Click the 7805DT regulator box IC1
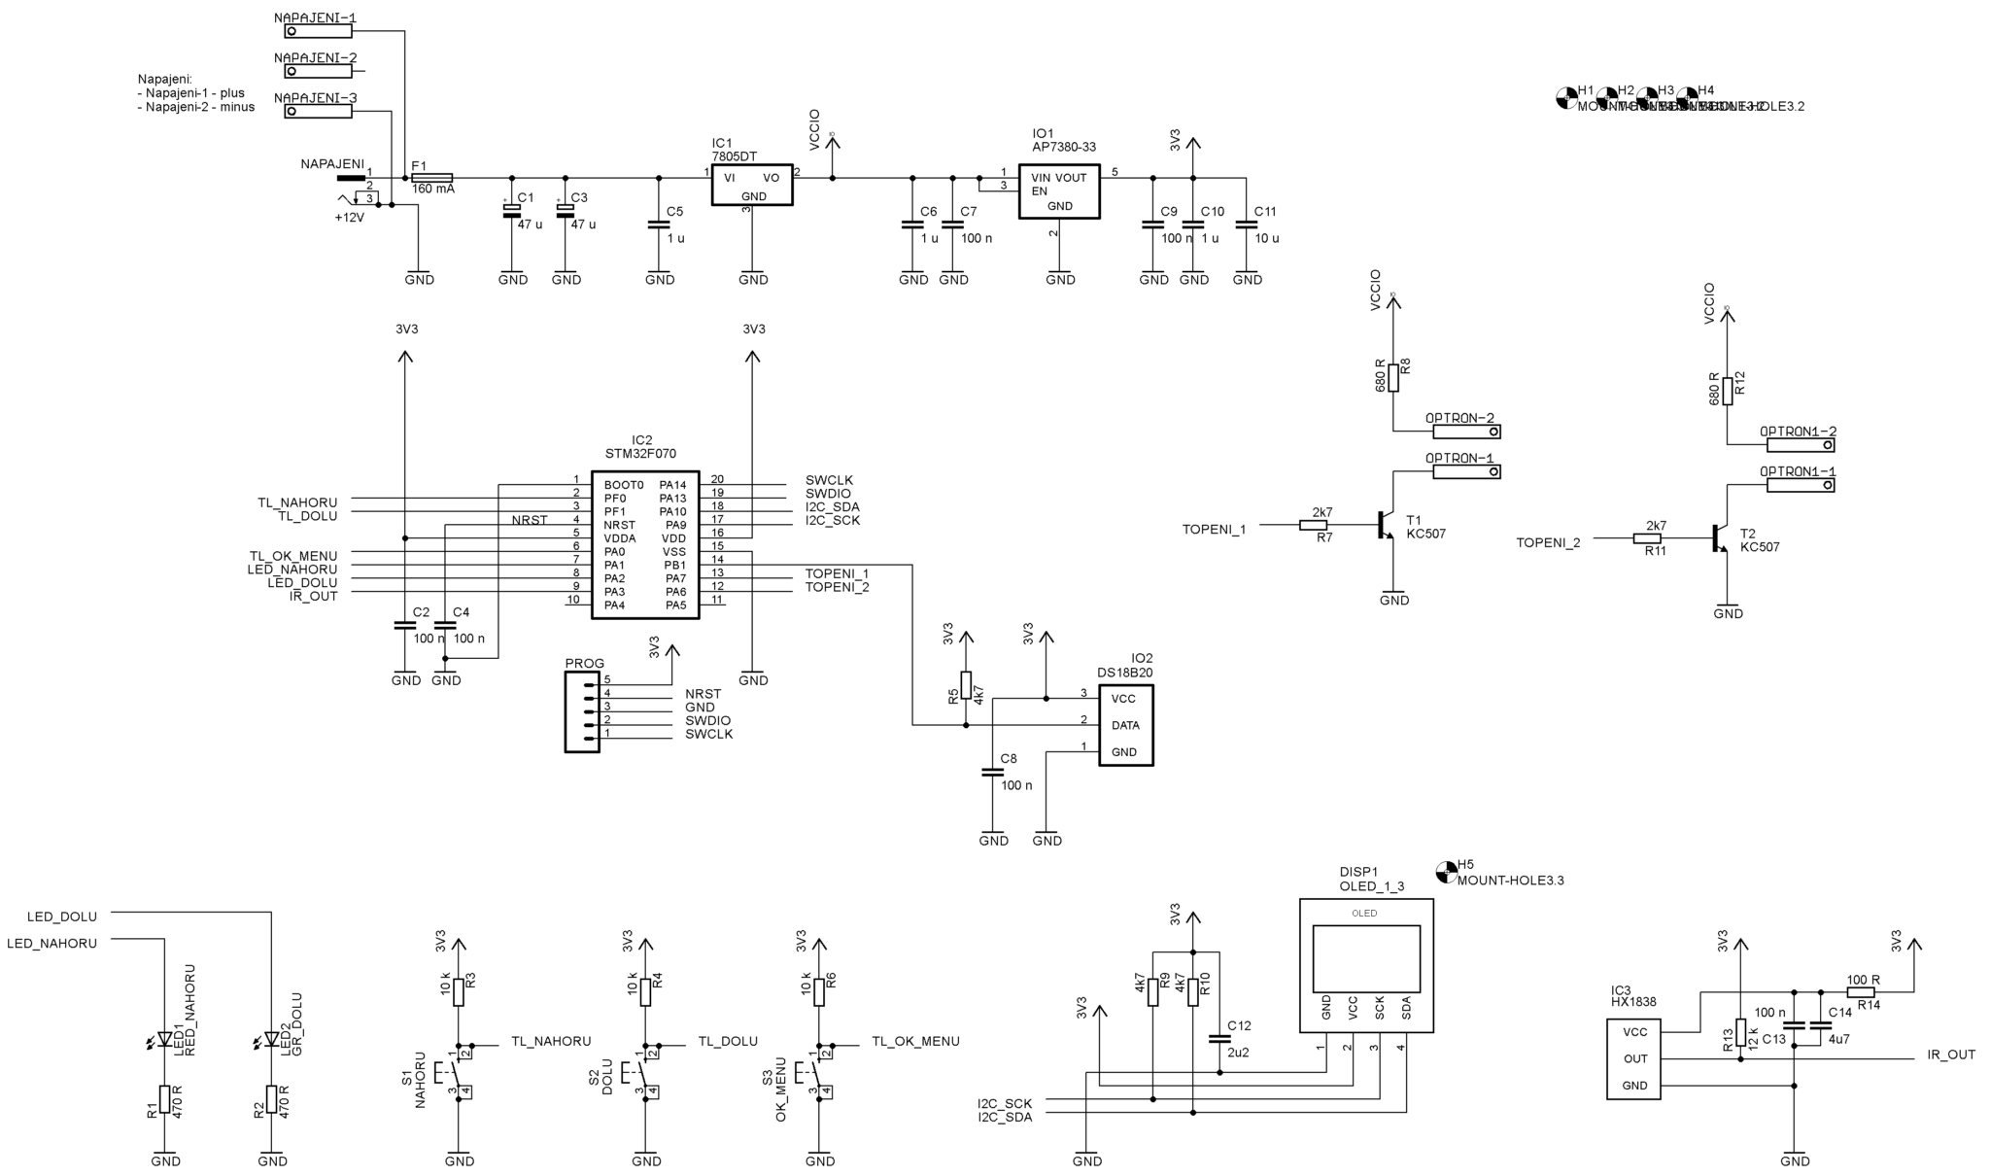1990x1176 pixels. pos(751,185)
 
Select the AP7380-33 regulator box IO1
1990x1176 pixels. pos(1058,190)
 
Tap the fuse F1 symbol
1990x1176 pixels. pos(431,178)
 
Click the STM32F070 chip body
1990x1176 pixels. pos(644,544)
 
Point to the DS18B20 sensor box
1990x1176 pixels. pos(1125,725)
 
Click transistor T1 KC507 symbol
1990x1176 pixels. pos(1386,526)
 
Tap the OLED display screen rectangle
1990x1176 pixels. pos(1365,957)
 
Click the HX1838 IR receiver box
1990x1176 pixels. pos(1633,1058)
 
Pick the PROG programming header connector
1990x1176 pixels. pos(582,713)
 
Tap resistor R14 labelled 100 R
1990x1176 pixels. pos(1860,992)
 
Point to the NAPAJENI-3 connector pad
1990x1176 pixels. pos(318,112)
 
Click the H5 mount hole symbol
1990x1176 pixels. pos(1446,871)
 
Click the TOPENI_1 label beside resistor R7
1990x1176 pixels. pos(1214,530)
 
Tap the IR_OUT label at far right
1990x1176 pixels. pos(1950,1055)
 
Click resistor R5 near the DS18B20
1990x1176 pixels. pos(965,683)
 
